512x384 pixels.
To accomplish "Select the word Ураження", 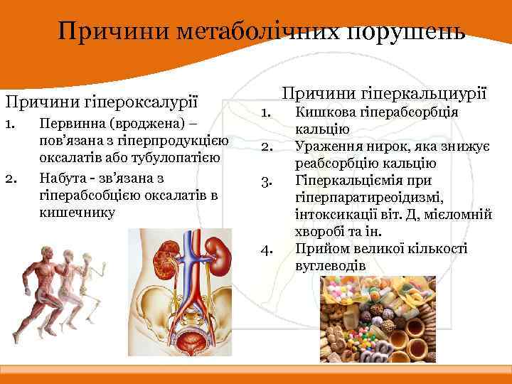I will (x=326, y=146).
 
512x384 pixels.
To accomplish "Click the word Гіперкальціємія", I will (x=346, y=181).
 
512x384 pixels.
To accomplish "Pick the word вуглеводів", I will (x=330, y=265).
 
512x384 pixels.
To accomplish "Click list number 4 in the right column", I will (x=267, y=250).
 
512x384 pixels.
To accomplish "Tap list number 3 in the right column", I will (x=267, y=181).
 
